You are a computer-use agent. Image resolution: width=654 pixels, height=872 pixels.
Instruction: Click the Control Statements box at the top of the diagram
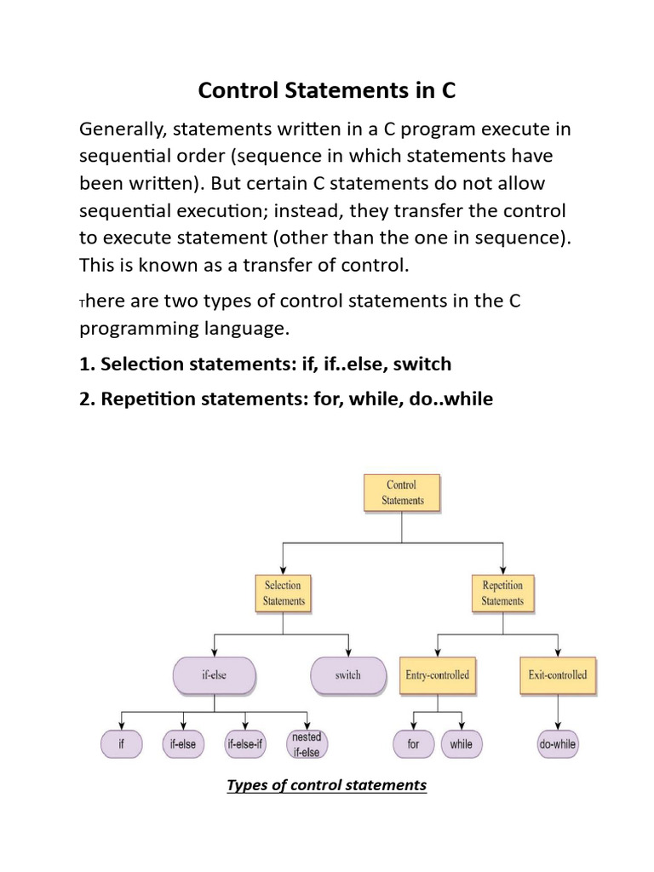point(401,493)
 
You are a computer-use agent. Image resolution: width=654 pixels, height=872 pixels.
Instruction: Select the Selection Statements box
point(284,593)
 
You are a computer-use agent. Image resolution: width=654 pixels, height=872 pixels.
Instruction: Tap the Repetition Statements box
point(502,593)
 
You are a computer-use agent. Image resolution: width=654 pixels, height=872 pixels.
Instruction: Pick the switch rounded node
point(347,675)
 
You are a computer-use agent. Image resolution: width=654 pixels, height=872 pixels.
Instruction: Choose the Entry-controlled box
point(438,675)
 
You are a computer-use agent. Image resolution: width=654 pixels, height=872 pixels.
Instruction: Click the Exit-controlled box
point(557,675)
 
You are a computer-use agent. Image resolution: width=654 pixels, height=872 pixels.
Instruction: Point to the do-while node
point(558,743)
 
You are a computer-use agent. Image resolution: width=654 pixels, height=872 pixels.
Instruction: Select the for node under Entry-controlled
point(413,743)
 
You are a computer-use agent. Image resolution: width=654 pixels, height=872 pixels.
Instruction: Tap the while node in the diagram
point(461,743)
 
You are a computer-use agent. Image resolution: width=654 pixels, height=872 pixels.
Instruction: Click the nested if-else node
point(306,743)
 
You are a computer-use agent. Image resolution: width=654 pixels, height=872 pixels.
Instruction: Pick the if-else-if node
point(246,743)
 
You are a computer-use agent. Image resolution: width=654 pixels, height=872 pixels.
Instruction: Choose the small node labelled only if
point(122,743)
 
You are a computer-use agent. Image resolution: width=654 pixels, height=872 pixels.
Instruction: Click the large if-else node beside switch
point(213,675)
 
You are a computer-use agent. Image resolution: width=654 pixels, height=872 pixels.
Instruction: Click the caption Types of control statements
point(326,785)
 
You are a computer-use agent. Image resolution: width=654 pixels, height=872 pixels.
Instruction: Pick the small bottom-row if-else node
point(183,743)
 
